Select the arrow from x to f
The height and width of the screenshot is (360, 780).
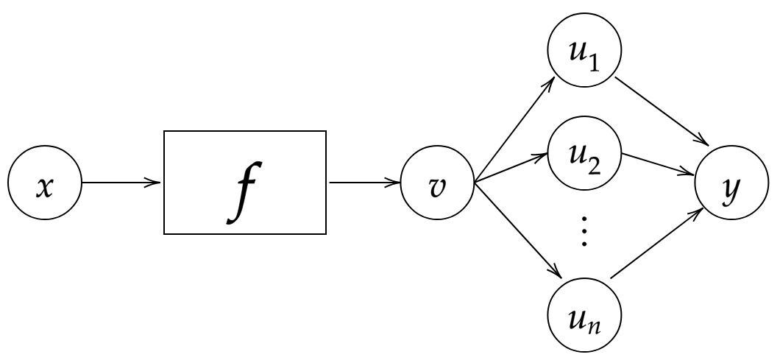tap(121, 183)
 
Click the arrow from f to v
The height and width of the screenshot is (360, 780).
tap(365, 183)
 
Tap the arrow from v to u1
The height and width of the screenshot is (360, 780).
tap(515, 130)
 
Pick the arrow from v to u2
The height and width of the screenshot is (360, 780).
tap(512, 168)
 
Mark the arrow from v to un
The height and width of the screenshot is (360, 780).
tap(518, 230)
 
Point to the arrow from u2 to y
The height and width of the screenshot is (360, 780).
tap(658, 164)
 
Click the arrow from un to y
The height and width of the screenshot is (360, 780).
tap(656, 244)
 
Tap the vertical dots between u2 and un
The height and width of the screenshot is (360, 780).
tap(584, 231)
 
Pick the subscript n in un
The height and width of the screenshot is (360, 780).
tap(594, 327)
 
